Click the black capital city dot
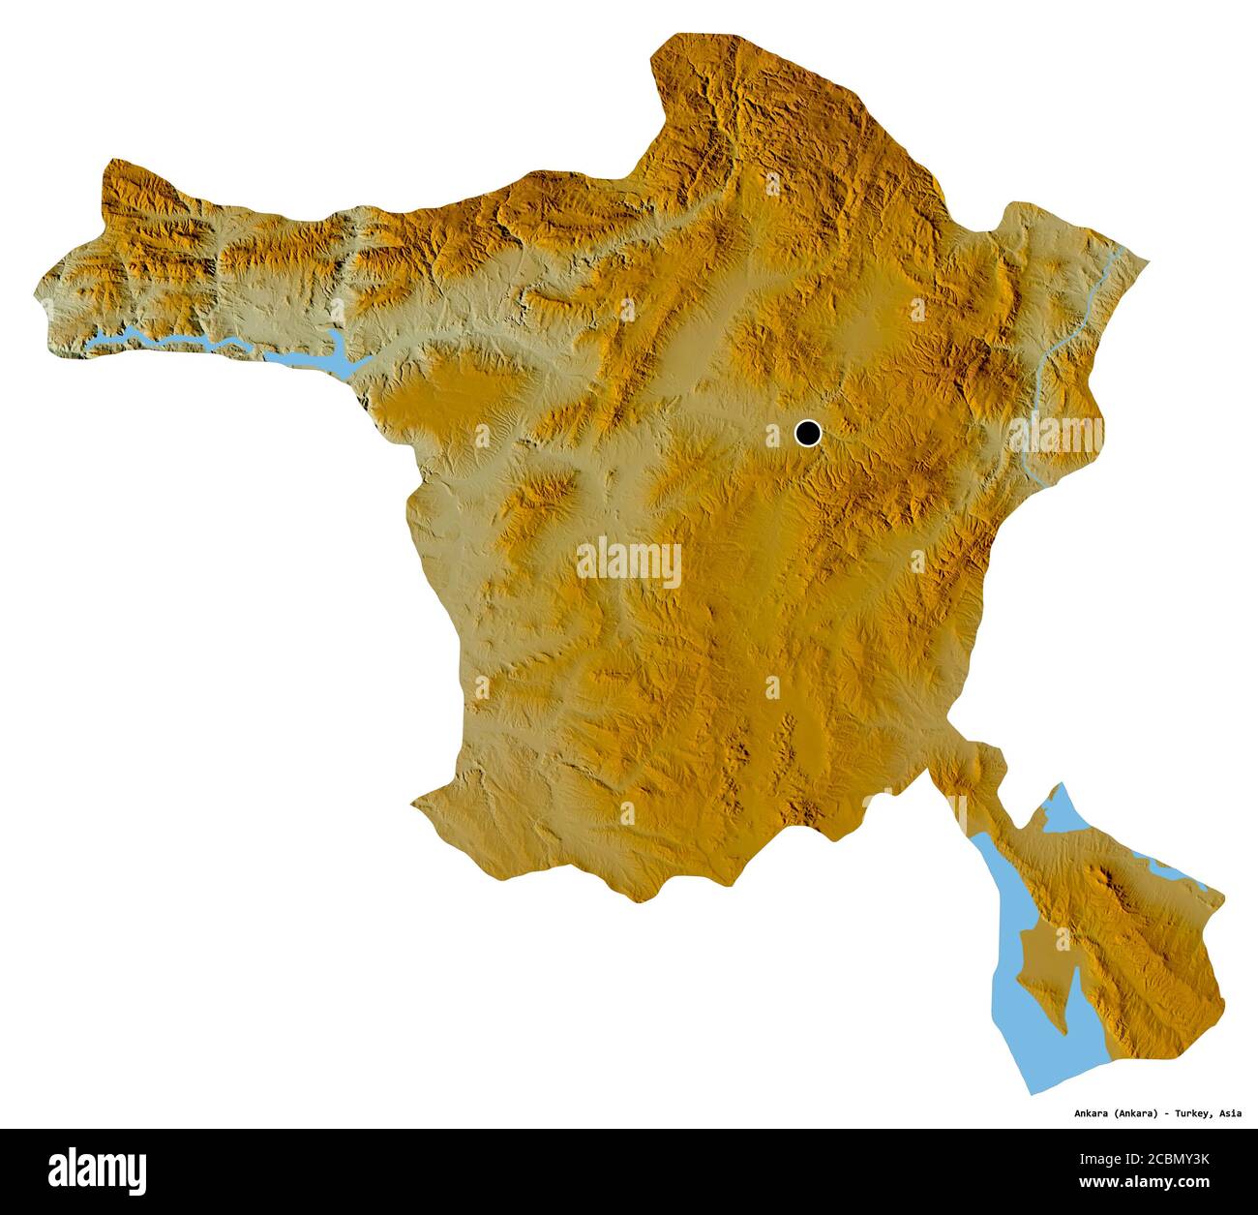(x=807, y=433)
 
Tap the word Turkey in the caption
(x=1192, y=1112)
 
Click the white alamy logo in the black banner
(x=98, y=1169)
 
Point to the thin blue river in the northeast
(x=1064, y=349)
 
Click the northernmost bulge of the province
(x=697, y=44)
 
